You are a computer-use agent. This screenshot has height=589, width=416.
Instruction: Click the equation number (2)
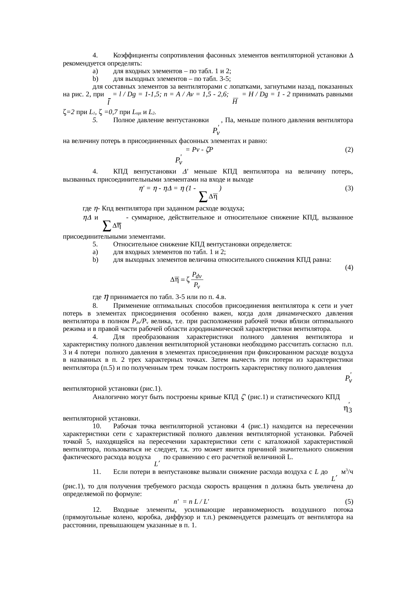349,150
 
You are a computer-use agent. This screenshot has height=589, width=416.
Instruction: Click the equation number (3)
349,188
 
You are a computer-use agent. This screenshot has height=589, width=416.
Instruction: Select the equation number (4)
349,267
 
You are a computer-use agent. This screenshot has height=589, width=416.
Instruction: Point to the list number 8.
95,306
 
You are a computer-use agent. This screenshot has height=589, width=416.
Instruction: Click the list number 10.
97,427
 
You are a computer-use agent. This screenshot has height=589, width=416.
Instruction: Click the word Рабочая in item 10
125,427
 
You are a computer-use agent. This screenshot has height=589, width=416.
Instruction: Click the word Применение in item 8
131,306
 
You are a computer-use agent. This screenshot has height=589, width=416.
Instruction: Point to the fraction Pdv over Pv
197,280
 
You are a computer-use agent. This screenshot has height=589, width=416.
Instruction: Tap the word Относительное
134,244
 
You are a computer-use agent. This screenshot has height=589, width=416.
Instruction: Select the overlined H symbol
235,101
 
